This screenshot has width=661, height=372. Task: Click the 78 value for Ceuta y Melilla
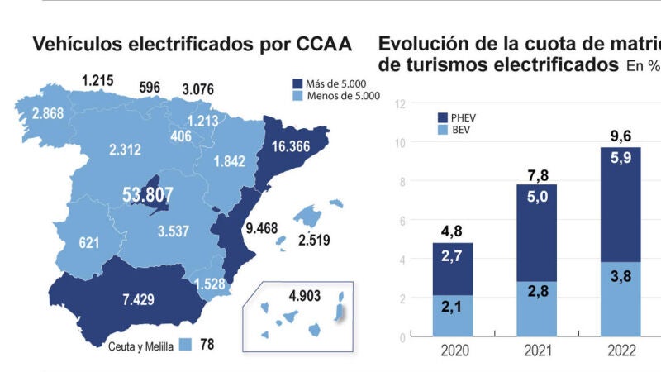[207, 344]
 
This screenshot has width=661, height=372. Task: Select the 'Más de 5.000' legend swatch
[299, 83]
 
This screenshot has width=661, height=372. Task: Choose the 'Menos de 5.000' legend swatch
[299, 96]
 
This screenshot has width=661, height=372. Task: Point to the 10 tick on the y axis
[400, 142]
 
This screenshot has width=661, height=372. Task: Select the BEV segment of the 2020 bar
[452, 316]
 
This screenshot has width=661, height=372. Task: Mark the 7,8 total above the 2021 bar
[537, 174]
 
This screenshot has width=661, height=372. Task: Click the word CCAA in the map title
[318, 45]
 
